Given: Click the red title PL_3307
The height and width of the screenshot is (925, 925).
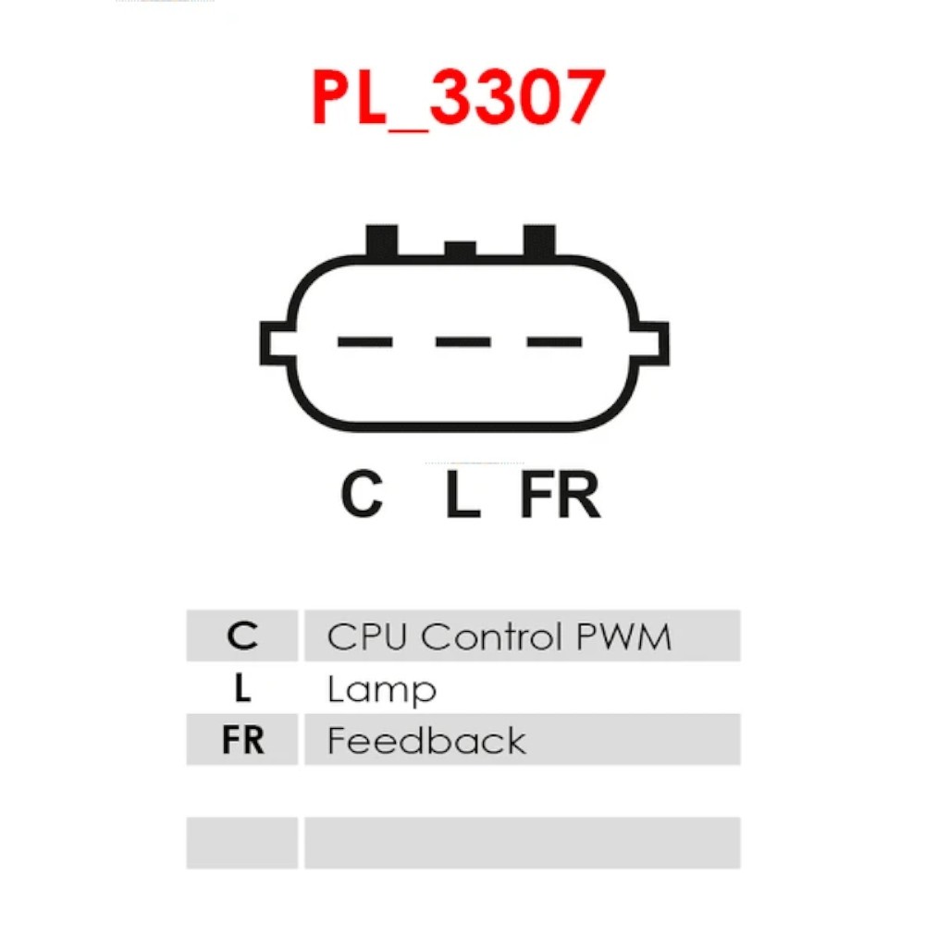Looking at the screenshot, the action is (x=459, y=99).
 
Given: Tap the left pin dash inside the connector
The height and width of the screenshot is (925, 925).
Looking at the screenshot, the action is (x=365, y=341).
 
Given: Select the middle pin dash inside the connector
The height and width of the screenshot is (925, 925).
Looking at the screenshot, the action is (x=463, y=341).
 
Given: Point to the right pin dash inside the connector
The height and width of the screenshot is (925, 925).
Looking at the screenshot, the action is (x=554, y=341).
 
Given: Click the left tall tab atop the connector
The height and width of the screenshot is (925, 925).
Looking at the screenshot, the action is (x=382, y=240).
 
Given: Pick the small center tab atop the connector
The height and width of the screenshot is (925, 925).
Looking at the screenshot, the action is (x=460, y=248).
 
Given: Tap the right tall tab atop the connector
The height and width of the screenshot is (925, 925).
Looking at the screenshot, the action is (x=539, y=240).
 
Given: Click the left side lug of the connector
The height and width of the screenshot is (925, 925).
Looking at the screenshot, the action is (x=277, y=343).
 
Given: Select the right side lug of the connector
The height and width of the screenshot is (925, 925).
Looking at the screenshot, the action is (x=652, y=343).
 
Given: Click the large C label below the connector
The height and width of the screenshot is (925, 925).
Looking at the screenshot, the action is (x=362, y=494).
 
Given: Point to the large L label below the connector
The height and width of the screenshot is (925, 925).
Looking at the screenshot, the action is (x=463, y=494).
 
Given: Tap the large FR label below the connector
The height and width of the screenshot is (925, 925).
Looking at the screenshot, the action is (x=561, y=494).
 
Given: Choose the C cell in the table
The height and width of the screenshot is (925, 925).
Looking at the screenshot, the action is (x=242, y=635).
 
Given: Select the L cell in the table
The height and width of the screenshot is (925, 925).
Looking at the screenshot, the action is (x=242, y=687).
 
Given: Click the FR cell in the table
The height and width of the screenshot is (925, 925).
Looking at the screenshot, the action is (x=242, y=739).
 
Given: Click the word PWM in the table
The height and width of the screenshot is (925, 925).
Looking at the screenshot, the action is (x=623, y=636).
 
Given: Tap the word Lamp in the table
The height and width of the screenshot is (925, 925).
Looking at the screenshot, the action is (x=382, y=690).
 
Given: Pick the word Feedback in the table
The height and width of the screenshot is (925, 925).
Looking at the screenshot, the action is (x=426, y=740).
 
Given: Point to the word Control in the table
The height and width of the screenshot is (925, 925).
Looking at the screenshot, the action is (x=491, y=636).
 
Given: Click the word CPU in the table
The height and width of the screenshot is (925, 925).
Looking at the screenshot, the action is (x=367, y=636).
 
